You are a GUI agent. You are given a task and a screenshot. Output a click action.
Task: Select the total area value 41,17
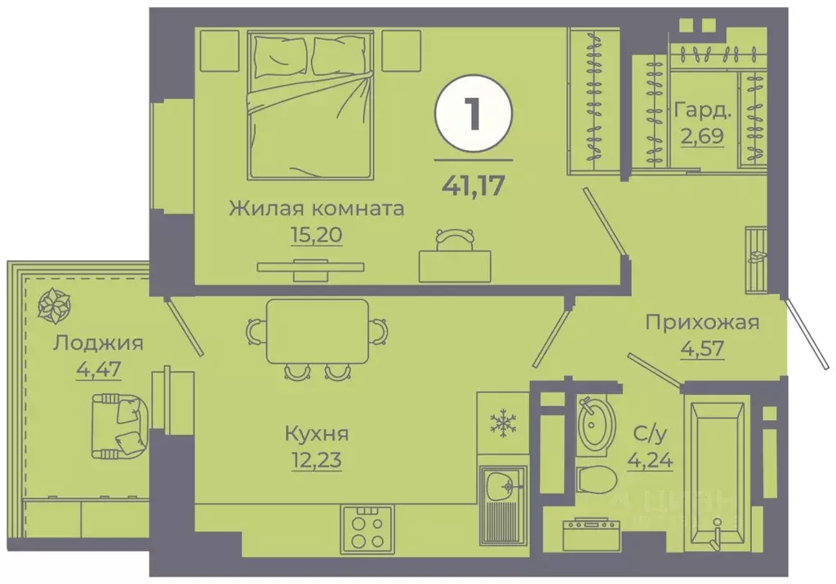tap(474, 182)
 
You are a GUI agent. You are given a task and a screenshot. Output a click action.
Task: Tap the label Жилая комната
tap(316, 208)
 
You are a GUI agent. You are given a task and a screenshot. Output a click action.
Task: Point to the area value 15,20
tap(315, 236)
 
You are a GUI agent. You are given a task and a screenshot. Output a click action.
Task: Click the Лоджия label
tap(98, 343)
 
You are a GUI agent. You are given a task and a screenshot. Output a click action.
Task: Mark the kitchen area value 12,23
tap(315, 461)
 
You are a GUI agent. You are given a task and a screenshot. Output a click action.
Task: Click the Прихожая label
tap(702, 322)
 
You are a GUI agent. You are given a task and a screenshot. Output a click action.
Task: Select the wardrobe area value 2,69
tap(701, 134)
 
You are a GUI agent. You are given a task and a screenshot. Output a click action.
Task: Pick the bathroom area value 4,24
tap(650, 462)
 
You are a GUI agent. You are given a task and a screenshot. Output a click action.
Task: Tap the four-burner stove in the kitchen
tap(367, 529)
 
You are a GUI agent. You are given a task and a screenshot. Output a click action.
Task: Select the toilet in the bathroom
tap(594, 480)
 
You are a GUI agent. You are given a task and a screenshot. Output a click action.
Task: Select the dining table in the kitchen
tap(316, 331)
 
